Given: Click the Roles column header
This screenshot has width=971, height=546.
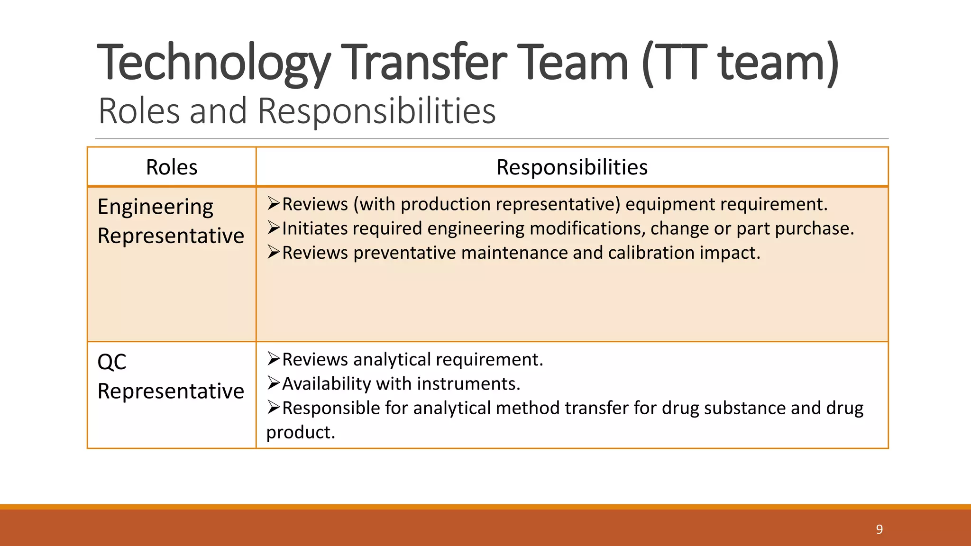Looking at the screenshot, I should click(172, 167).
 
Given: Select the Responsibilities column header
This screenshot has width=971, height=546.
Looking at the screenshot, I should click(572, 167).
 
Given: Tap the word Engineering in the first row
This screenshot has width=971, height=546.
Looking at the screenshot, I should click(156, 207).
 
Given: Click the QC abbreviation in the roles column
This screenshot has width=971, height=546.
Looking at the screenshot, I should click(112, 363).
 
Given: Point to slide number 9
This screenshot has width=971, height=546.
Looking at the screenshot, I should click(879, 529).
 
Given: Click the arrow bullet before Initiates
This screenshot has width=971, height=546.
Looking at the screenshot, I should click(274, 228).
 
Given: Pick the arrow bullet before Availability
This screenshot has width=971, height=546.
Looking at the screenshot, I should click(274, 383).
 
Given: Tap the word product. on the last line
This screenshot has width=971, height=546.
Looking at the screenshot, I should click(301, 432).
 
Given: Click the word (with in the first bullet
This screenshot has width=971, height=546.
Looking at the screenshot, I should click(374, 205).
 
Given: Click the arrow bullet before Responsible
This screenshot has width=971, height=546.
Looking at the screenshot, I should click(274, 407).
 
